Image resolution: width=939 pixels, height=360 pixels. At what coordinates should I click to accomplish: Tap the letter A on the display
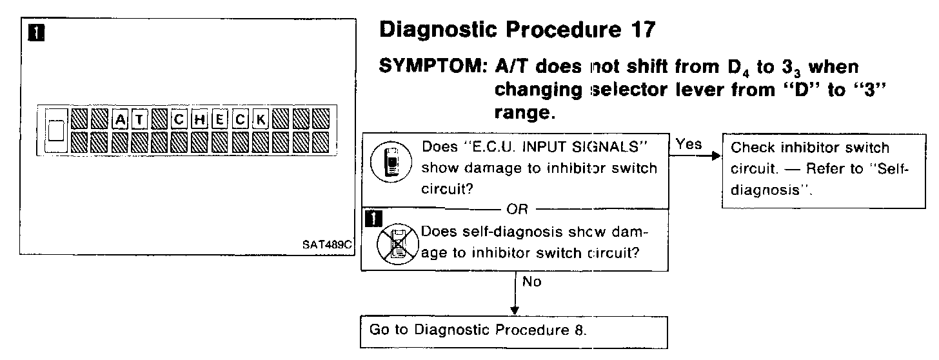pyautogui.click(x=121, y=119)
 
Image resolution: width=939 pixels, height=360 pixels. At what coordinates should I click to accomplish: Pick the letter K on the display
pyautogui.click(x=261, y=119)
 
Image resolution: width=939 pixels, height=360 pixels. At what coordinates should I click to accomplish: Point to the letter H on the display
pyautogui.click(x=201, y=119)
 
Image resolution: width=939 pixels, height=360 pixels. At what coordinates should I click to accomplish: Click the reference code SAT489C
pyautogui.click(x=327, y=246)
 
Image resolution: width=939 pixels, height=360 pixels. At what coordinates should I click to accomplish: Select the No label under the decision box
pyautogui.click(x=533, y=282)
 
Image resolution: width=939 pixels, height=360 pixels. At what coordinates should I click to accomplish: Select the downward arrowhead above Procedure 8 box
pyautogui.click(x=515, y=310)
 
